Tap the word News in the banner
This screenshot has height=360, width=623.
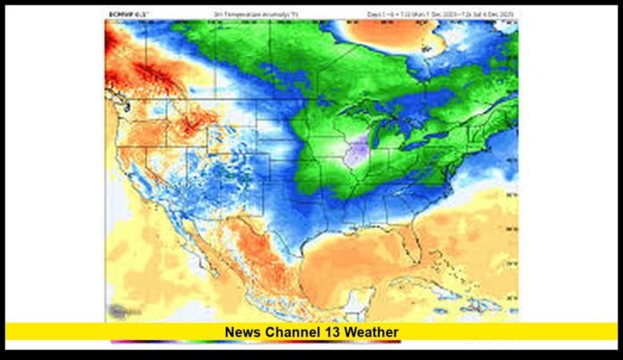pyautogui.click(x=242, y=332)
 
